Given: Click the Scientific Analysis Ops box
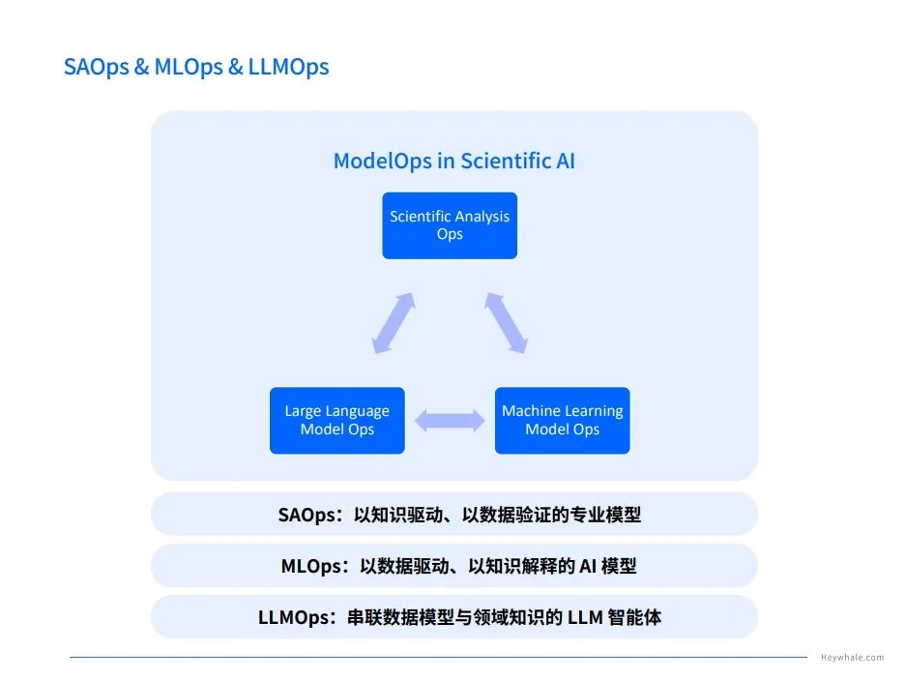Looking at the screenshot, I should (x=450, y=225).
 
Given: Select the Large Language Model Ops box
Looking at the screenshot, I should (x=336, y=421).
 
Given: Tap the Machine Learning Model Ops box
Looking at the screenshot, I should (x=562, y=421).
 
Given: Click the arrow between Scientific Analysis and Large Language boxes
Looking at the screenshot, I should (x=394, y=323).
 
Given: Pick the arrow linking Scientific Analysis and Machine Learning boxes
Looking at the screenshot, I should (x=506, y=323).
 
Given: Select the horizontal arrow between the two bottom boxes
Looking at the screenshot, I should (x=450, y=420).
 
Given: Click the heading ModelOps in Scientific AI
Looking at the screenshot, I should (x=453, y=161).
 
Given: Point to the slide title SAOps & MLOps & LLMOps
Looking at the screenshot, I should (x=196, y=67).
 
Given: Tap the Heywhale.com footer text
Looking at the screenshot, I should (x=852, y=658).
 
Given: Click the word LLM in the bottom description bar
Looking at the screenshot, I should (x=587, y=617).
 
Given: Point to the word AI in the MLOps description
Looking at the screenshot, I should (x=587, y=566).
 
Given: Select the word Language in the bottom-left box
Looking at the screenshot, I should (x=358, y=411).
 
